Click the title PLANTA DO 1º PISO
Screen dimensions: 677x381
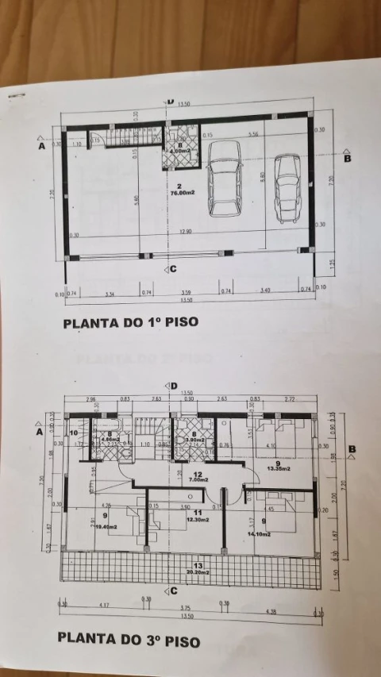(130, 322)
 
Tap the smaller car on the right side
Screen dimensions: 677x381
(287, 189)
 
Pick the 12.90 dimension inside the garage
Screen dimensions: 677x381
(184, 231)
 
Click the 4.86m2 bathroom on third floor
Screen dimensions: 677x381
(110, 437)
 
